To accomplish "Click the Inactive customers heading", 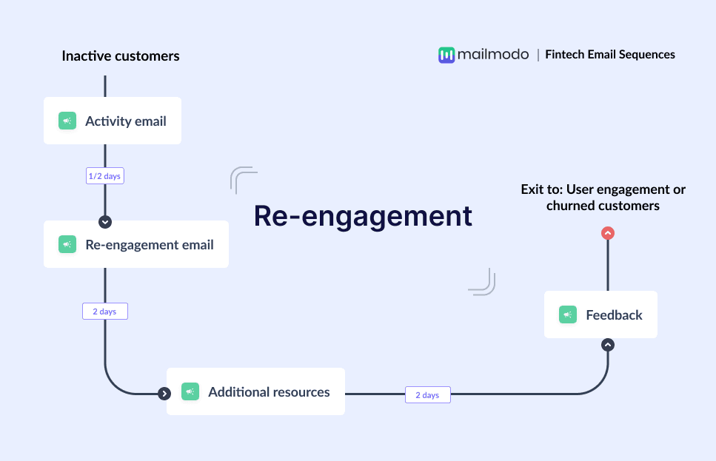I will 120,56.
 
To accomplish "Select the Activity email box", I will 113,121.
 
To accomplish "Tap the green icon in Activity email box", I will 67,121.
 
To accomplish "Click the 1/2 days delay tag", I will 105,176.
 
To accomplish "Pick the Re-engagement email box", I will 136,244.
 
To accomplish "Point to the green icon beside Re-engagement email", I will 67,244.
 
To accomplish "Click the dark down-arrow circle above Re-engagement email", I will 105,221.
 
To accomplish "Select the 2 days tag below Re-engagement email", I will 105,312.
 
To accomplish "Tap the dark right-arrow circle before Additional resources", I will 164,393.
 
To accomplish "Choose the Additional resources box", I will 255,391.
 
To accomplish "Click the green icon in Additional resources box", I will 190,391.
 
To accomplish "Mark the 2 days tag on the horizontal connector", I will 427,395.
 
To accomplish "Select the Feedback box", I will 600,314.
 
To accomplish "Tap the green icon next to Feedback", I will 568,314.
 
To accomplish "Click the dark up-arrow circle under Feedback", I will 608,344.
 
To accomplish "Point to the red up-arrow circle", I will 608,233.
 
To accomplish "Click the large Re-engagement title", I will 363,215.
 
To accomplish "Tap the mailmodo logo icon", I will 446,55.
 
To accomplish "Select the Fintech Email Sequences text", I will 610,54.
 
